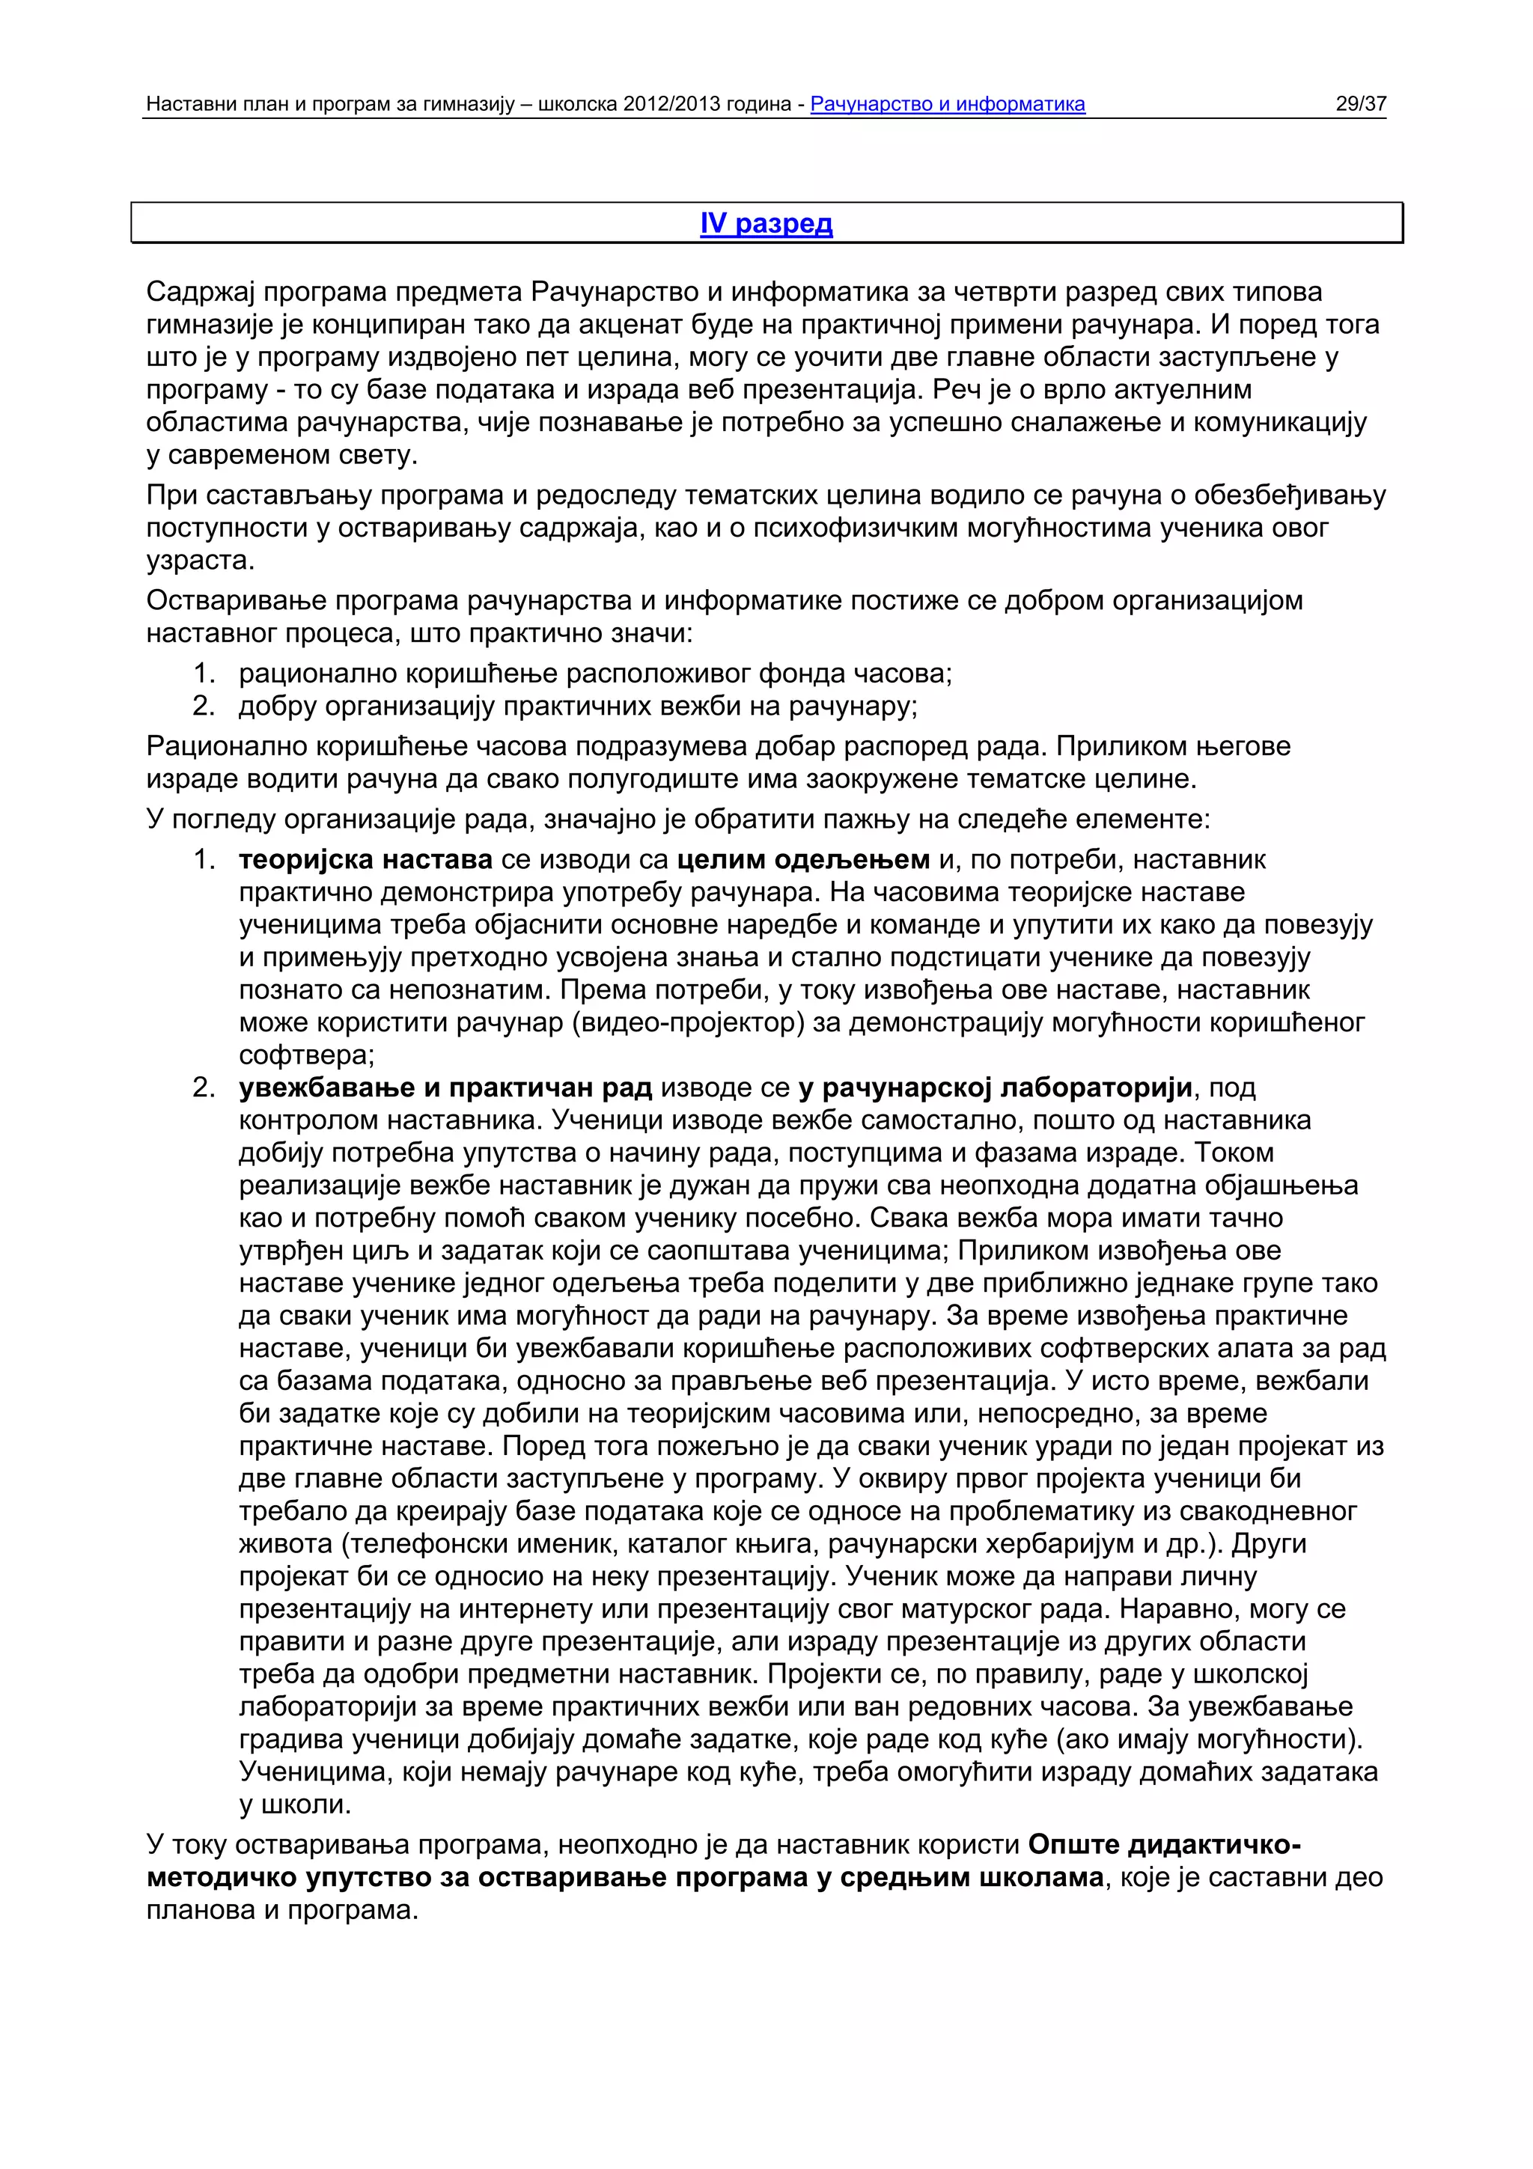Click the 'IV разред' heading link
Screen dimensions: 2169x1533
[766, 223]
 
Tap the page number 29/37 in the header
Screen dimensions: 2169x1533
[1360, 104]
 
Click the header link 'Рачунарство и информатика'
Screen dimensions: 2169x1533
[948, 104]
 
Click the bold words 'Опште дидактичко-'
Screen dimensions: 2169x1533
[1165, 1844]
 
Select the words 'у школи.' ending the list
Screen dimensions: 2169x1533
[295, 1805]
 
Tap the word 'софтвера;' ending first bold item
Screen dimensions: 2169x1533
[306, 1055]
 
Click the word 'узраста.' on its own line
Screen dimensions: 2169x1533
[201, 560]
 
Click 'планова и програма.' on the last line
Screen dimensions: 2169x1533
[281, 1909]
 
